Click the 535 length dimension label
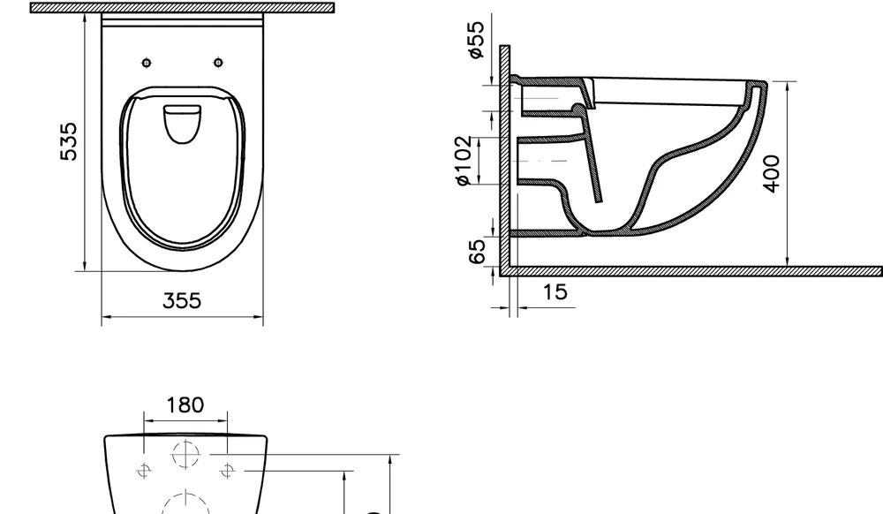pos(68,141)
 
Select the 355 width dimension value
pos(182,301)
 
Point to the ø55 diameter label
pos(476,41)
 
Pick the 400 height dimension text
pos(772,173)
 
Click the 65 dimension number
pos(478,250)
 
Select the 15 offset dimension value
pos(555,292)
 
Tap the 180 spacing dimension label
pos(185,404)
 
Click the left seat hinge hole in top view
pos(147,62)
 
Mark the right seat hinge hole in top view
pos(218,62)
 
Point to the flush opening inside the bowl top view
pos(183,123)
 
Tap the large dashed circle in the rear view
pos(185,503)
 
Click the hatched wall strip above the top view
pos(182,7)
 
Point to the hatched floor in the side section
pos(698,270)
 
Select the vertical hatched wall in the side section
pos(505,159)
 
